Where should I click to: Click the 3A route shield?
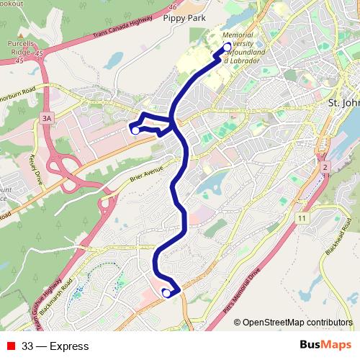pos(48,117)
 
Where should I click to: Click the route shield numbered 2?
pos(325,167)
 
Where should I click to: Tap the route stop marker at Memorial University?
pos(228,48)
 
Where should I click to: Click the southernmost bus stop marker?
pos(166,292)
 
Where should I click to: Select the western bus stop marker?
pos(135,130)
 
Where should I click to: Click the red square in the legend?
pos(11,346)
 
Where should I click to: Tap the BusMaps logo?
pos(326,346)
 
